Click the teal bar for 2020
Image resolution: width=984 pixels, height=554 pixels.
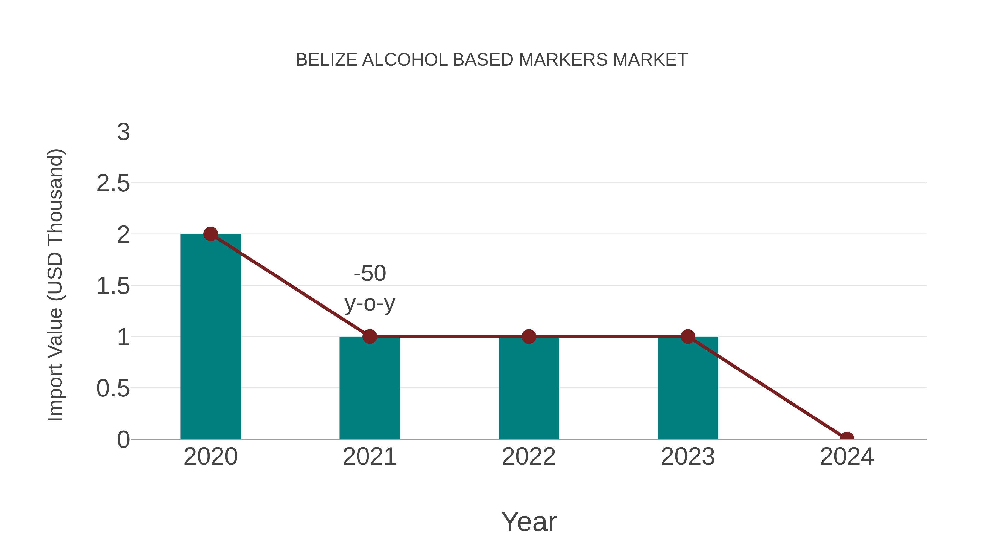pyautogui.click(x=210, y=337)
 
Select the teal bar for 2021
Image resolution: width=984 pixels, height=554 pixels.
pyautogui.click(x=369, y=388)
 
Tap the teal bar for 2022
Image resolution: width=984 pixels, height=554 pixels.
pyautogui.click(x=529, y=388)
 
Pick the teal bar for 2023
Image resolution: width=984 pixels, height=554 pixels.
pyautogui.click(x=688, y=388)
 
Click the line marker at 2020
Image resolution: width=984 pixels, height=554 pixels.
pyautogui.click(x=210, y=234)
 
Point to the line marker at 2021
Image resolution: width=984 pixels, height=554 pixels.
pyautogui.click(x=369, y=337)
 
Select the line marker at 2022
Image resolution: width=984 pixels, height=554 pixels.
pyautogui.click(x=529, y=337)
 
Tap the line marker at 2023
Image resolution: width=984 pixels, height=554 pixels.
pyautogui.click(x=688, y=337)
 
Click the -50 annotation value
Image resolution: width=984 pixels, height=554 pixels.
pyautogui.click(x=370, y=273)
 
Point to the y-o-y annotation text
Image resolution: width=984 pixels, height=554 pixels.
pyautogui.click(x=370, y=304)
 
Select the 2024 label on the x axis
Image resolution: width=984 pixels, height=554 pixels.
pyautogui.click(x=847, y=457)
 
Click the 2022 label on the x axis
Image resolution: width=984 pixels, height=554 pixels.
pyautogui.click(x=529, y=457)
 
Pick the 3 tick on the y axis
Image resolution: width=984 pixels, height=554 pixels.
pyautogui.click(x=123, y=132)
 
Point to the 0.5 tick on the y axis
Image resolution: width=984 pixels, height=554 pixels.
pyautogui.click(x=113, y=388)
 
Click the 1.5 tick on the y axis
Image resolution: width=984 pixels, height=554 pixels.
pyautogui.click(x=113, y=286)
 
